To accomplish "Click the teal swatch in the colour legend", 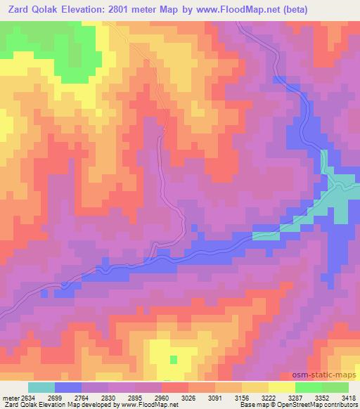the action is tap(41, 388).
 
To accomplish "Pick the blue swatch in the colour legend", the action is tap(69, 388).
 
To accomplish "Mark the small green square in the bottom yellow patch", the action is tap(174, 359).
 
